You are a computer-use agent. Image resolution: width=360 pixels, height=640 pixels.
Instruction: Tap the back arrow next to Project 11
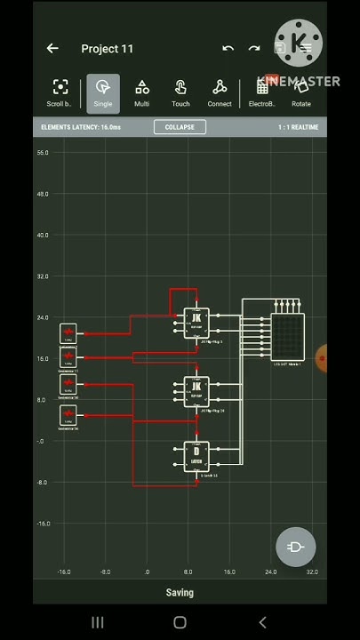pos(52,49)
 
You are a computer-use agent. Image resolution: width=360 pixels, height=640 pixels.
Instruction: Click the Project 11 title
pos(107,49)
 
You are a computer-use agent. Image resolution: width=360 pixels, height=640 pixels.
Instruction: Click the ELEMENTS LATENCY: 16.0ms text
pos(81,127)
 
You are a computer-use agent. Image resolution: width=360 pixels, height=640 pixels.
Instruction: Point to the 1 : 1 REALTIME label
pos(298,127)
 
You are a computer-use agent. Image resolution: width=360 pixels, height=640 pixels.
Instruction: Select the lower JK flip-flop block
pos(196,390)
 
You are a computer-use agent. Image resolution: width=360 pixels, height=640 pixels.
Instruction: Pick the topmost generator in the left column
pos(68,333)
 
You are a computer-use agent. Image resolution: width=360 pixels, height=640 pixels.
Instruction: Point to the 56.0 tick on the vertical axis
pos(43,153)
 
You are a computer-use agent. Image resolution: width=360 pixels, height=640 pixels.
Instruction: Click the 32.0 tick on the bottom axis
pos(312,572)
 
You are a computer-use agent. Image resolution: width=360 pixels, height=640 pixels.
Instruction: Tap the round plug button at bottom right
pos(295,547)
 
